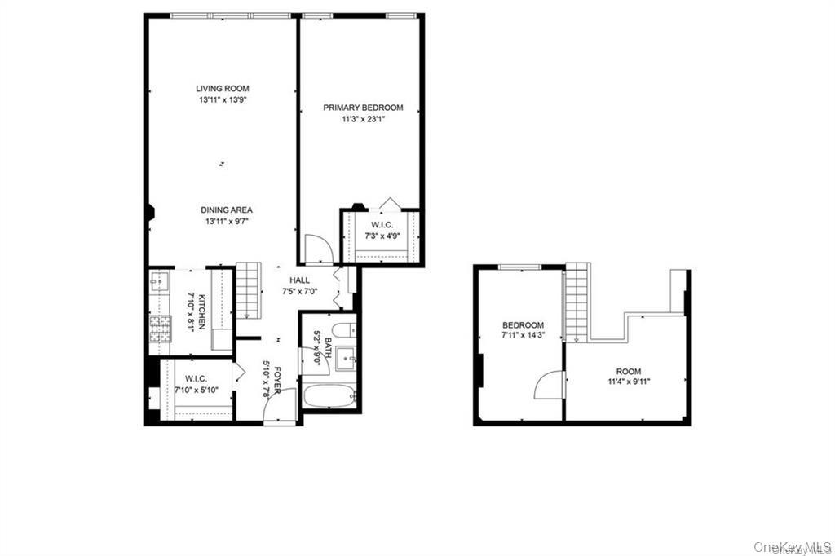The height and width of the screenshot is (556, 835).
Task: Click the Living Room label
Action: coord(222,88)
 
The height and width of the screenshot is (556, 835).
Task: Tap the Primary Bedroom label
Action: coord(363,108)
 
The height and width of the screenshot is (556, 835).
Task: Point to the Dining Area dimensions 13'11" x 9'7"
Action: coord(227,222)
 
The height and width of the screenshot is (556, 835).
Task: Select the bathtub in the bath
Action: coord(329,396)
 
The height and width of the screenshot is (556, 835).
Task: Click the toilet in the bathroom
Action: coord(345,329)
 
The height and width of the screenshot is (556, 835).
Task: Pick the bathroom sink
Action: coord(346,359)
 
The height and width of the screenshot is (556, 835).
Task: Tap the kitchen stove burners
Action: coord(160,329)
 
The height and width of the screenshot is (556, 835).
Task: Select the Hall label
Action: coord(299,280)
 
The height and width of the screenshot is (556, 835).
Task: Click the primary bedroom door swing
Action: coord(319,249)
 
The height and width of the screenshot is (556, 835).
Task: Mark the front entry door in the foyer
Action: coord(281,407)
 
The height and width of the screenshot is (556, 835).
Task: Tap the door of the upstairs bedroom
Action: coord(550,385)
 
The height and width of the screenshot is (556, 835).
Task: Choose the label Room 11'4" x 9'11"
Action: coord(629,376)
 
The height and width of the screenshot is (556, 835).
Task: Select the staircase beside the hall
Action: coord(248,290)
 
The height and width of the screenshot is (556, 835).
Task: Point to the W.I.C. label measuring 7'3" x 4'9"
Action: coord(382,230)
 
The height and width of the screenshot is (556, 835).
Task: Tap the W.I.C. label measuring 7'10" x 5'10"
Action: coord(196,384)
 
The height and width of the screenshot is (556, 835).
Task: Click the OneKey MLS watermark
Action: coord(793,547)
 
